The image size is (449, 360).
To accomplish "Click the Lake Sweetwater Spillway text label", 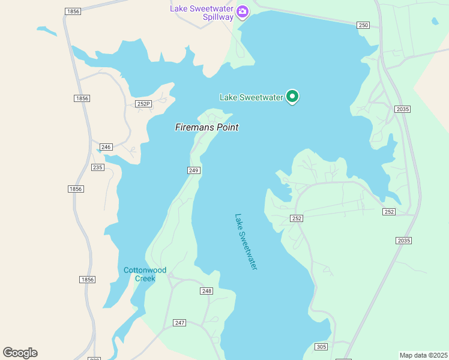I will tap(201, 13).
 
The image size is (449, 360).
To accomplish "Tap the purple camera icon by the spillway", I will tap(243, 11).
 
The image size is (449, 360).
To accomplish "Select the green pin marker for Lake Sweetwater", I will tap(292, 96).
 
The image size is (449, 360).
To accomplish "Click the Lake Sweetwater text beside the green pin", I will tap(251, 97).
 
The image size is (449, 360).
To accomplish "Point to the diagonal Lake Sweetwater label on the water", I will tap(246, 242).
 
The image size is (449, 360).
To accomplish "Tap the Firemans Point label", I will tap(206, 127).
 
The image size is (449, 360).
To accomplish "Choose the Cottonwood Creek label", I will tap(144, 274).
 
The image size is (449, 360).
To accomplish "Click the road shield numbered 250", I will tap(363, 25).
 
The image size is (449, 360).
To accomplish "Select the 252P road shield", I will tap(143, 104).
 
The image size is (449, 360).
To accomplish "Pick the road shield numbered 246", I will tap(106, 147).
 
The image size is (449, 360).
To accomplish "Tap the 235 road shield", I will tap(98, 167).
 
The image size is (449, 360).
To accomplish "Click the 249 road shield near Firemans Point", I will tap(193, 170).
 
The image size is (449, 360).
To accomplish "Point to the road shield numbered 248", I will tap(206, 291).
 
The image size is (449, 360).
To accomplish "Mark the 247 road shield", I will tap(179, 323).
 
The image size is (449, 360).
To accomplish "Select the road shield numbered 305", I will tap(321, 347).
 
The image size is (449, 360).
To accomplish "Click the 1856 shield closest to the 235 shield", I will tap(76, 189).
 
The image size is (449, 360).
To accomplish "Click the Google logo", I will tap(20, 353).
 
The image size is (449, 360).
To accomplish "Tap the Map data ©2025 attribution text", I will tap(423, 355).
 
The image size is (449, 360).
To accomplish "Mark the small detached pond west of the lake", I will tap(46, 30).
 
